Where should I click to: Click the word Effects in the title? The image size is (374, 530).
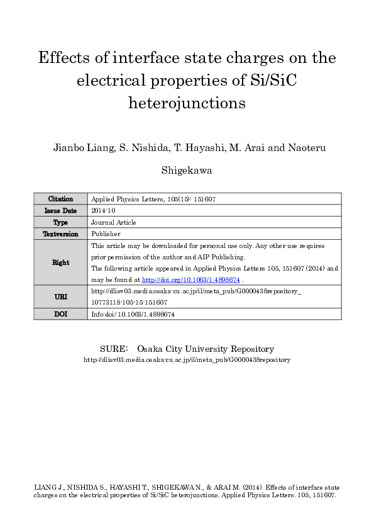click(62, 59)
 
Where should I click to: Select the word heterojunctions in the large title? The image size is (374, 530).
click(187, 103)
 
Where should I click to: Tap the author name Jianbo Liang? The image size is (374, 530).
click(79, 148)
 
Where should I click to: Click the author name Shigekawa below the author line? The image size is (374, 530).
click(187, 171)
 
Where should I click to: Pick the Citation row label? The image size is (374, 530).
click(60, 199)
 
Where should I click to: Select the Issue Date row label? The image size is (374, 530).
click(60, 211)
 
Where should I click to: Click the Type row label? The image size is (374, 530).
click(60, 222)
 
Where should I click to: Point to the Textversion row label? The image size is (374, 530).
click(60, 234)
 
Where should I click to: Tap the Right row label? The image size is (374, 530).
click(60, 262)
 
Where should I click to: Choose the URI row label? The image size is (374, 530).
click(60, 296)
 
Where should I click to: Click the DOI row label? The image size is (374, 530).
click(60, 313)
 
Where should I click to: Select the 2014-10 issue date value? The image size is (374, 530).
click(104, 211)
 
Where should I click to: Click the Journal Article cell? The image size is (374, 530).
click(113, 222)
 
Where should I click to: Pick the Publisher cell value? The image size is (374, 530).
click(105, 234)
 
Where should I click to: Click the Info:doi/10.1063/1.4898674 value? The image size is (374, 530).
click(133, 313)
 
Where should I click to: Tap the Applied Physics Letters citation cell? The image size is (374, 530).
click(153, 199)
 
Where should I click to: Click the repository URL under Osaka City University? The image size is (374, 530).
click(187, 359)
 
